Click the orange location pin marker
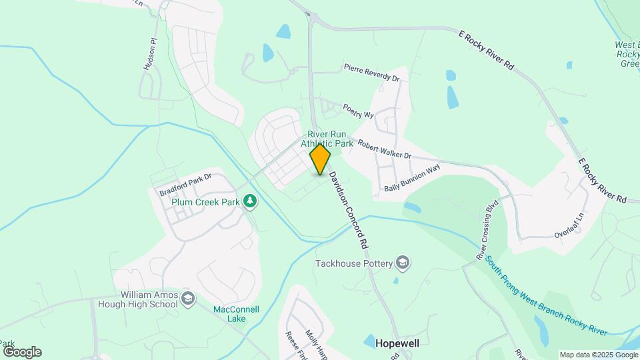pos(321,159)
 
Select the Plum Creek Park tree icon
pos(250,201)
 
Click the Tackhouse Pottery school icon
pos(402,263)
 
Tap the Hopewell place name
pos(398,343)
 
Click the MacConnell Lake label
pos(236,314)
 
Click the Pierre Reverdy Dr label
pos(371,73)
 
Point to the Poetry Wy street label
pos(358,111)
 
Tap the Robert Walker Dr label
pos(384,149)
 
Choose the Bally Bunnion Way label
pos(412,179)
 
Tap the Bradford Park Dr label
pos(185,185)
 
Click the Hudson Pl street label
pos(149,54)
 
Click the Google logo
pos(21,352)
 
